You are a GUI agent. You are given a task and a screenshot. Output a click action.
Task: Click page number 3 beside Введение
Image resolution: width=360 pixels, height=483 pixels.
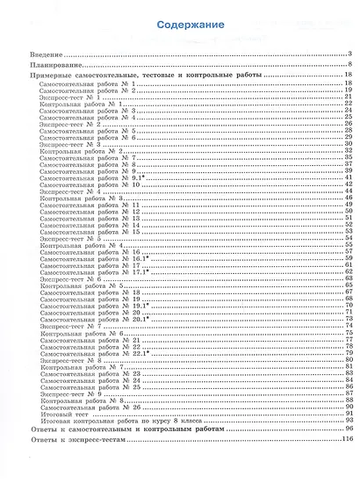349,54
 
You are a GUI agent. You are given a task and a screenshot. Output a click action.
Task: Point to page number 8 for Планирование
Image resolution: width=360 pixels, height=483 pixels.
349,66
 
